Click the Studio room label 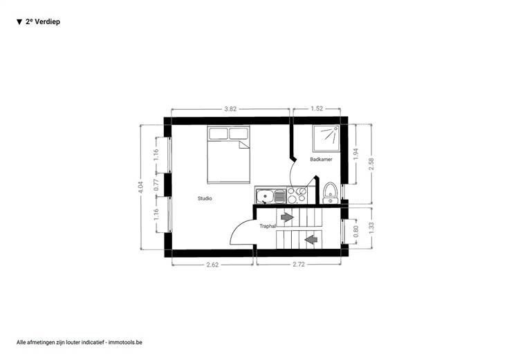click(205, 198)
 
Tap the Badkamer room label click(321, 159)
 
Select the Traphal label click(268, 226)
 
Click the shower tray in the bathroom click(326, 138)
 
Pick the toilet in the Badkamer click(331, 193)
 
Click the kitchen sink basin click(265, 196)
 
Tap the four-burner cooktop click(297, 196)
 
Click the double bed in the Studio click(228, 154)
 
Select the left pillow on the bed click(218, 133)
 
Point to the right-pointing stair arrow click(287, 217)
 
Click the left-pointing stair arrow click(311, 240)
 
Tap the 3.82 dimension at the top click(230, 109)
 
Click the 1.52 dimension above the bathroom click(317, 108)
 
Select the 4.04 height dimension click(140, 187)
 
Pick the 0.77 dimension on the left click(156, 185)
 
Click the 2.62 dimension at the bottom click(212, 265)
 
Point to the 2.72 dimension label click(299, 265)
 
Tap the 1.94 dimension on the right click(356, 154)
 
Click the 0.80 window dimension click(355, 231)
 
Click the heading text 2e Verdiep click(43, 21)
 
